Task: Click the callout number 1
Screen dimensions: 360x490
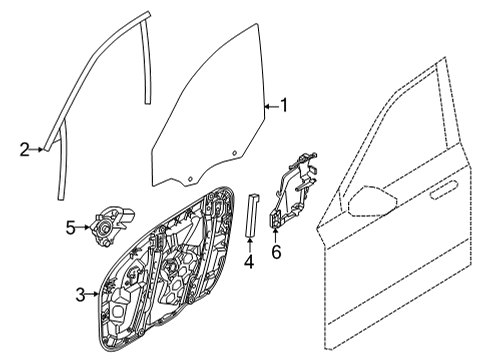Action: [x=283, y=103]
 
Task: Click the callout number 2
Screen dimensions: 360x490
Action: [x=24, y=150]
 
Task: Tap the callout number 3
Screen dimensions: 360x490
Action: [x=80, y=293]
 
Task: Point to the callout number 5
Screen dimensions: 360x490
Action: [x=71, y=228]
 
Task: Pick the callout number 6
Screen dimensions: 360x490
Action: [x=276, y=251]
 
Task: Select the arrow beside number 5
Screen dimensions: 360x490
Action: [x=85, y=228]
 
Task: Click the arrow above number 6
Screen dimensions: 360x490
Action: [x=276, y=234]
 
